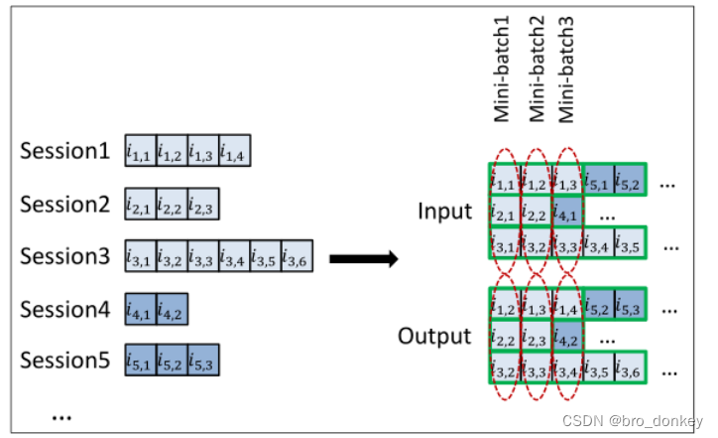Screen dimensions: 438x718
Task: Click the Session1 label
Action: [x=64, y=152]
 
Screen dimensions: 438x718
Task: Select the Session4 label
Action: [x=64, y=308]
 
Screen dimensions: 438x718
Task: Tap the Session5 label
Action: [x=64, y=359]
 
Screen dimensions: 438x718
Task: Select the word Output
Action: [x=434, y=336]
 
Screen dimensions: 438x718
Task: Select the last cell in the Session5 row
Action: [x=203, y=359]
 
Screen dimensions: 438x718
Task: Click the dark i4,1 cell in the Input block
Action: [x=567, y=212]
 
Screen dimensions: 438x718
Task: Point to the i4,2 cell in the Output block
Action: [x=567, y=337]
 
